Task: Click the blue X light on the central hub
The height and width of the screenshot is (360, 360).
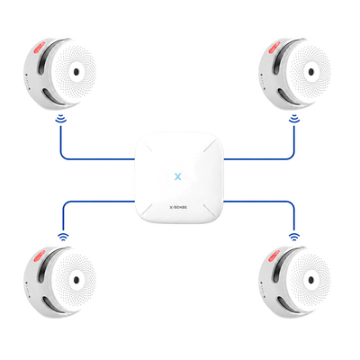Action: click(177, 176)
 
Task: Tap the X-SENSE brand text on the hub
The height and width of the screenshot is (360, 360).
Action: click(178, 207)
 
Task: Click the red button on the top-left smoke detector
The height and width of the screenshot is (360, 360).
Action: click(39, 47)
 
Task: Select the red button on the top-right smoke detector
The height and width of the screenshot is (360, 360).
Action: click(274, 47)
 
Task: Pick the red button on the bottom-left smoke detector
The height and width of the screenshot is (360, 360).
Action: click(39, 256)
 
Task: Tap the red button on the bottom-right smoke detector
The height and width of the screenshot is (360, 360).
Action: click(274, 256)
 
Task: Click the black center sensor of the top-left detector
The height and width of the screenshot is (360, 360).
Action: click(76, 72)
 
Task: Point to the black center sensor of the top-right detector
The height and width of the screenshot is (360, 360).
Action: click(311, 72)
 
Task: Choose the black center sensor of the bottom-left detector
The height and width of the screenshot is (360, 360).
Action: click(76, 280)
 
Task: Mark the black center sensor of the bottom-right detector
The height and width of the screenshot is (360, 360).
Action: click(311, 280)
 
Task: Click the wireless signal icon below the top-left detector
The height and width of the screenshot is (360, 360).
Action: click(61, 119)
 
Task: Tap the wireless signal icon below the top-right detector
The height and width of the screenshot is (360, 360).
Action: click(294, 119)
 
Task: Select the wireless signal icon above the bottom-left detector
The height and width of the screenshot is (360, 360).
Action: click(63, 237)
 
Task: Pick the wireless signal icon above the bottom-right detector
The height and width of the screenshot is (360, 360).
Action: click(294, 237)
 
